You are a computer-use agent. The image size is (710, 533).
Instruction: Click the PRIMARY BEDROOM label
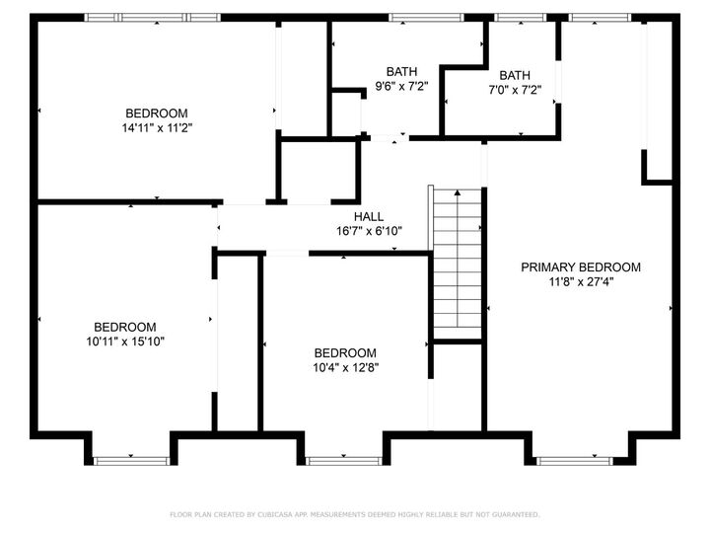581,267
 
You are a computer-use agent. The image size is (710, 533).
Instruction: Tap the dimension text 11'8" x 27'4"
581,282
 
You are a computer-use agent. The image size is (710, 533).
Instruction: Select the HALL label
369,217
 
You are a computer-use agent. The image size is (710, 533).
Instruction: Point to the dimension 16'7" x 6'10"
369,232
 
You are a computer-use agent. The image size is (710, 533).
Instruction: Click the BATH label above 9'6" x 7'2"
401,71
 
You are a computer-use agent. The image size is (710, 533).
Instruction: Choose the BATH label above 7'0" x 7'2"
514,75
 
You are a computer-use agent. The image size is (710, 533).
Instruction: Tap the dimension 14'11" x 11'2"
156,127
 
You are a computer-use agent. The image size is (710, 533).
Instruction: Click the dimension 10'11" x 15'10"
124,342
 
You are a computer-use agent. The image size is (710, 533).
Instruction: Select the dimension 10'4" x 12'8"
345,367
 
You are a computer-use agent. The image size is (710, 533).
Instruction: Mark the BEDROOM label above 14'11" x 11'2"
156,113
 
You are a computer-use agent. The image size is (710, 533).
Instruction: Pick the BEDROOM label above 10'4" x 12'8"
345,353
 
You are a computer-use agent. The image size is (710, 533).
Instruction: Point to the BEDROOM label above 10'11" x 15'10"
124,328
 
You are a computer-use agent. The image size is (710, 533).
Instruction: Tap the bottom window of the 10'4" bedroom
343,459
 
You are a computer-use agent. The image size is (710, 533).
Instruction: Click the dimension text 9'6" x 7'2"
401,86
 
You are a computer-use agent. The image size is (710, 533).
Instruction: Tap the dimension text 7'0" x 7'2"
514,90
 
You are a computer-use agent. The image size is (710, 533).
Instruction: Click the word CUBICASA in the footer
281,514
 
